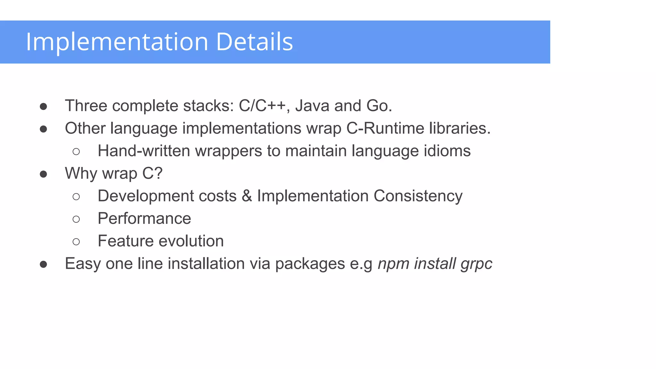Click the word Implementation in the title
(x=117, y=42)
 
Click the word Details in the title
(x=255, y=42)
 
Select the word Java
(x=312, y=106)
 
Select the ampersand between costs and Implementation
(x=247, y=196)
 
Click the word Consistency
(x=418, y=196)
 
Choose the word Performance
(x=144, y=218)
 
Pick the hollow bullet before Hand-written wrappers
(x=76, y=152)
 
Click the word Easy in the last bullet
(x=83, y=264)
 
